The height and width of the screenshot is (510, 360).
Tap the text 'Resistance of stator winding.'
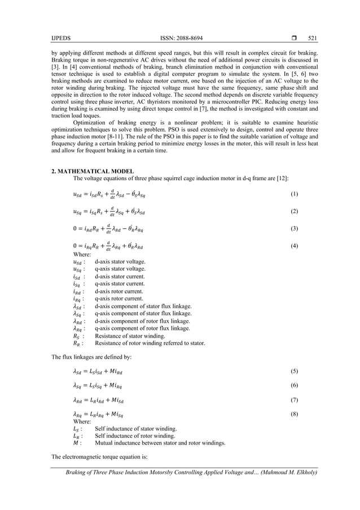click(x=130, y=335)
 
